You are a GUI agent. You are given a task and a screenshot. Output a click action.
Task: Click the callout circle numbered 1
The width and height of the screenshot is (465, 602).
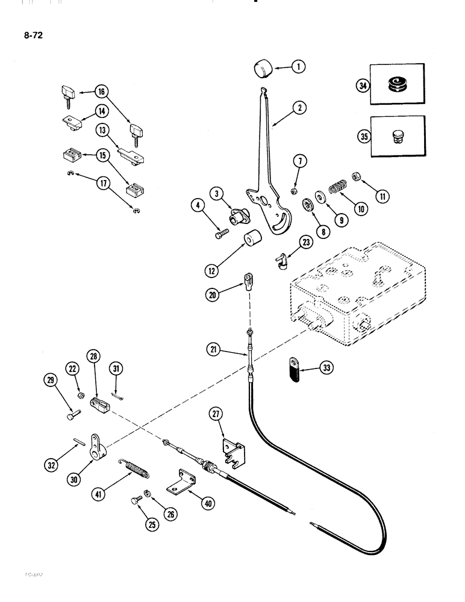click(x=298, y=67)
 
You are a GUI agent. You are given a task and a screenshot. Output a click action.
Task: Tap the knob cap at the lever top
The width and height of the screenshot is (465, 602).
click(x=263, y=68)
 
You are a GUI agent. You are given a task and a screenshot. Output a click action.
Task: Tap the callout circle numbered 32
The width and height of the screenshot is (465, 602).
click(x=58, y=447)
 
